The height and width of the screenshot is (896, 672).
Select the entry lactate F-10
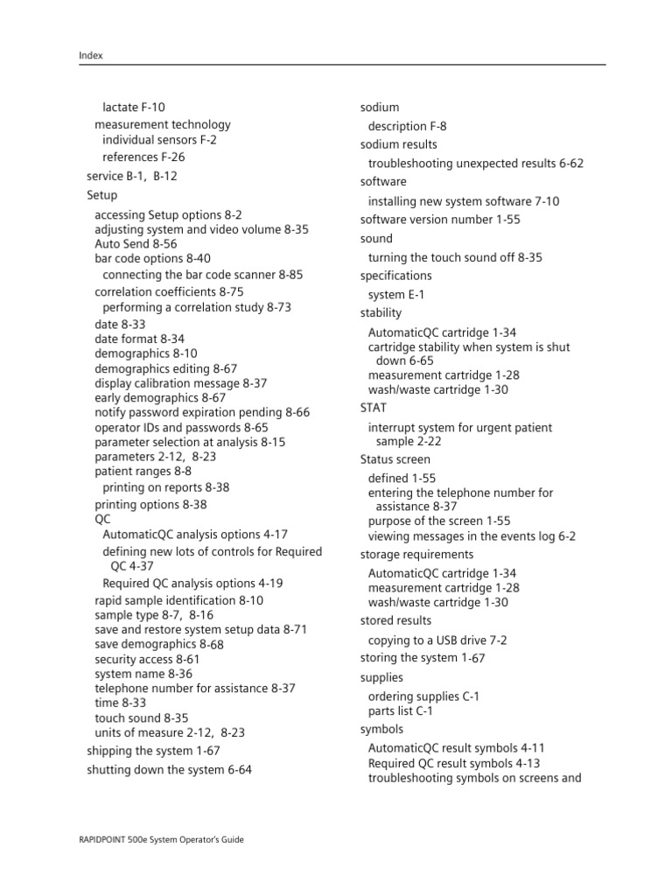point(133,108)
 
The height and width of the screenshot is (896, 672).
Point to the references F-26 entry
point(143,157)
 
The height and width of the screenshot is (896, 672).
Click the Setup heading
point(102,196)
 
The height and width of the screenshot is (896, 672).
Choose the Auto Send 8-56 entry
point(136,244)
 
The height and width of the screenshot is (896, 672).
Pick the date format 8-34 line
point(139,339)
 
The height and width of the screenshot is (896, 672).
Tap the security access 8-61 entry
point(147,659)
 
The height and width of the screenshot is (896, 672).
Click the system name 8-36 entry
point(143,674)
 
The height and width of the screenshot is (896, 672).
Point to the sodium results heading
point(398,144)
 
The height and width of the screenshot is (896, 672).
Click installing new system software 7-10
point(464,201)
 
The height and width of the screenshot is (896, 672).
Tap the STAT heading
point(373,408)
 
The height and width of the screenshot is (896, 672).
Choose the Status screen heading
point(395,459)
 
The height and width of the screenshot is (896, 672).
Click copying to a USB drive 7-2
point(437,640)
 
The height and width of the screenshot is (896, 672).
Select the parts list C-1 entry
point(401,711)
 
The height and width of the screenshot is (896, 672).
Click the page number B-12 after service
point(165,176)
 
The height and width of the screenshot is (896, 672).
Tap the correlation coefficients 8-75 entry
point(169,292)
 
